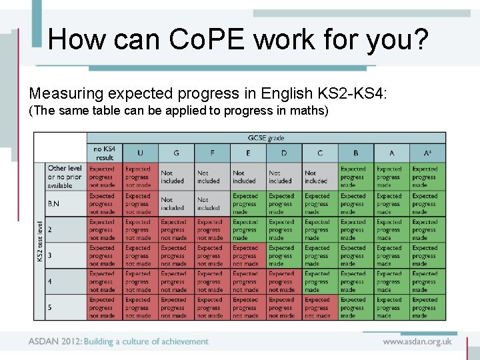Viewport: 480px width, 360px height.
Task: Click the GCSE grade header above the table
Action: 266,138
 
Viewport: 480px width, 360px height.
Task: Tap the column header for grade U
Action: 139,153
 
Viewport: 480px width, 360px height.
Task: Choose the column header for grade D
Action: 283,153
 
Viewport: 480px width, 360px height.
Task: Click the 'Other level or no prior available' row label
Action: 65,177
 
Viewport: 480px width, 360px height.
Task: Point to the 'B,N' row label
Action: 54,203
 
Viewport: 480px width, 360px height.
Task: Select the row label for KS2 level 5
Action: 51,307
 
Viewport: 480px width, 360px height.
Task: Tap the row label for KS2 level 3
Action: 51,255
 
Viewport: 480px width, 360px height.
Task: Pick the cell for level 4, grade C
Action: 319,281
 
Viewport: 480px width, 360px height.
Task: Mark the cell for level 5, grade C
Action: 319,307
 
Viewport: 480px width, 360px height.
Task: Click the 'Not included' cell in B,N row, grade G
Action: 175,203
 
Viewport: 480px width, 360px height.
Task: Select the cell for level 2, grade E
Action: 247,229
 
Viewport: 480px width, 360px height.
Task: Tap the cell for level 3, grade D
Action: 283,255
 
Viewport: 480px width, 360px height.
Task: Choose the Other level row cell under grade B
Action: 355,177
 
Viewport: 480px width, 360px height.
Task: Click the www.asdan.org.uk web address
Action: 417,341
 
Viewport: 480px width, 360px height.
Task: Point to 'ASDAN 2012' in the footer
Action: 53,341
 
